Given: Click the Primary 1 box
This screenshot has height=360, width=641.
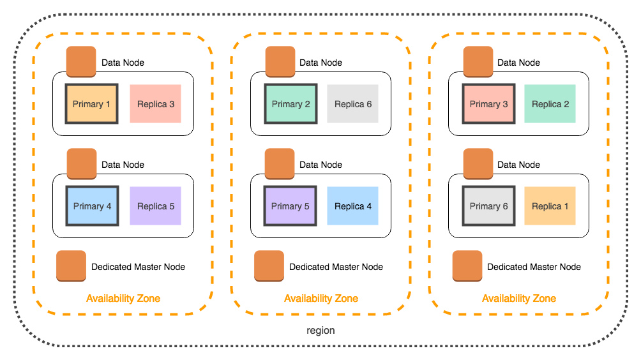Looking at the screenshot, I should [91, 104].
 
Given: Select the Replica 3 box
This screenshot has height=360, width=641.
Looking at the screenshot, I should [155, 104].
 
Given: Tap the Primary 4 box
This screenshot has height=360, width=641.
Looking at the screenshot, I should [92, 206].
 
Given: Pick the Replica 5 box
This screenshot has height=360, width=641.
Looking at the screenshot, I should [155, 206].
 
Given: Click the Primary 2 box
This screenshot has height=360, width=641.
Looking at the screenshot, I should [290, 104].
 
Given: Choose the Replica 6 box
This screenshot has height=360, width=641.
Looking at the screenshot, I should [352, 104].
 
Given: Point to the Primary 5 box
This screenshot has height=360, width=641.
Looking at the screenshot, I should [290, 206].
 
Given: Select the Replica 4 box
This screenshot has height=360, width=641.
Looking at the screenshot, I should [352, 206].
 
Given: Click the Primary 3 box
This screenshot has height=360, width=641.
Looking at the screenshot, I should [488, 104].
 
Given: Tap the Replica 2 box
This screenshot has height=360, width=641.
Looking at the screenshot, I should [550, 104].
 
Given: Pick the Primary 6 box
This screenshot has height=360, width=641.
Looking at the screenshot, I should [488, 206].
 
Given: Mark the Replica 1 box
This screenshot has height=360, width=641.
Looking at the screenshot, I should [550, 206].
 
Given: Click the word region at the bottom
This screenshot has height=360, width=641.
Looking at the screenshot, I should [320, 331].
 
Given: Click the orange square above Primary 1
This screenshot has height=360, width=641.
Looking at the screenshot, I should [81, 62].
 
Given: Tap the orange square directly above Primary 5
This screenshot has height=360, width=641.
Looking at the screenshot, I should [280, 164].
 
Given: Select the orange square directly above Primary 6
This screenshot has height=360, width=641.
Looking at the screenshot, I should [478, 164].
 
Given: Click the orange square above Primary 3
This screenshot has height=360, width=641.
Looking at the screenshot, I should [478, 62].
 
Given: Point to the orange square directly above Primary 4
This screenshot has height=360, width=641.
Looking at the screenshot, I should [82, 164].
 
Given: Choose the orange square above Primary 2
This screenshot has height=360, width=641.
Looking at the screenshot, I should [280, 62].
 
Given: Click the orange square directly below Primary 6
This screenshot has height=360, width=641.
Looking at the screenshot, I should [467, 266].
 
